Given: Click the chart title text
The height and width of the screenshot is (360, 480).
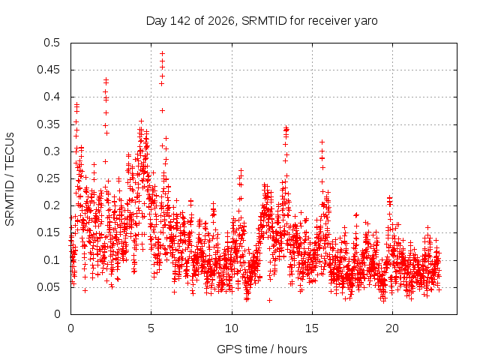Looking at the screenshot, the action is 262,21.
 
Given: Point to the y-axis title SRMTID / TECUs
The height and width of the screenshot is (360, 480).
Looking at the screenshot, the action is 10,179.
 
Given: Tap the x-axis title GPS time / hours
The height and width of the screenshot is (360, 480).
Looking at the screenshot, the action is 262,349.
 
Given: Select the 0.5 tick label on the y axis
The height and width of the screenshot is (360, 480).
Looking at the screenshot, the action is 52,43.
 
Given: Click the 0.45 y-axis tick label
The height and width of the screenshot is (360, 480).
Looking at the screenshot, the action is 48,70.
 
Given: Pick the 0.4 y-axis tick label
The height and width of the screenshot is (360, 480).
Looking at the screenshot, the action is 52,97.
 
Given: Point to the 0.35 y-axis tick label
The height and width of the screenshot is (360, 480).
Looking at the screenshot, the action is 48,124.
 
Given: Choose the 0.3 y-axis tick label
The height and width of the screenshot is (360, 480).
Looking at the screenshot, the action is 52,151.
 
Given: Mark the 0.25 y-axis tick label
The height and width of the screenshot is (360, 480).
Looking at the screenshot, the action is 48,178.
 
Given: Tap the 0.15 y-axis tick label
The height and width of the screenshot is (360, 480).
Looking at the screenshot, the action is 48,232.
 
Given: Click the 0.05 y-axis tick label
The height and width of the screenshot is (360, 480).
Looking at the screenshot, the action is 48,287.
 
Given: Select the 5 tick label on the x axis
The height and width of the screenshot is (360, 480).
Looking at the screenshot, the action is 151,328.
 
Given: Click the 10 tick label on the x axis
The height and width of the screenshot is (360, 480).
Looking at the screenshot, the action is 232,328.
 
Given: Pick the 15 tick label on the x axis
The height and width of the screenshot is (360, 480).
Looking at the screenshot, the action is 312,328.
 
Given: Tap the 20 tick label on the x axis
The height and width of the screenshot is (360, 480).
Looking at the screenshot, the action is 392,328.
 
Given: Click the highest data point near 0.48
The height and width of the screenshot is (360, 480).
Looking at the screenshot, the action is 162,53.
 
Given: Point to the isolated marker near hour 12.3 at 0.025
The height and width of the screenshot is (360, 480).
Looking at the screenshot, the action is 269,300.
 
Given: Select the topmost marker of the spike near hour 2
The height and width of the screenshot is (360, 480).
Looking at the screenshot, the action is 106,79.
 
